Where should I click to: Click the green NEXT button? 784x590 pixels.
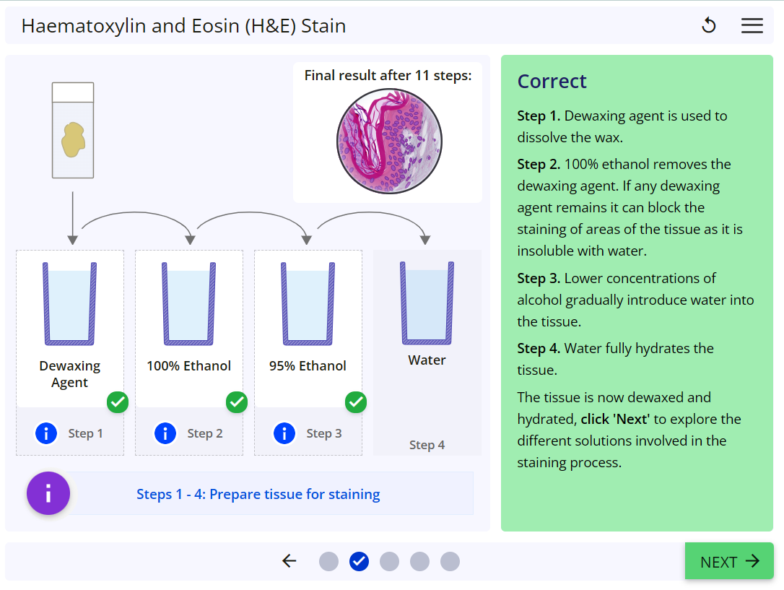[x=729, y=561]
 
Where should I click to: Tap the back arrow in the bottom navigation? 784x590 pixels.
[x=289, y=561]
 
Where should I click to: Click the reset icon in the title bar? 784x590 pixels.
[x=709, y=26]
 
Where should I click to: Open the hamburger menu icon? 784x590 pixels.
[x=752, y=26]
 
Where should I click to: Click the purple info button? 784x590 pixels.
[x=48, y=494]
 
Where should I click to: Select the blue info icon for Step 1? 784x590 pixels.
[x=46, y=433]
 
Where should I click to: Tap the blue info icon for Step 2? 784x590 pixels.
[x=165, y=433]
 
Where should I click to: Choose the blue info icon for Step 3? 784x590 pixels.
[x=284, y=433]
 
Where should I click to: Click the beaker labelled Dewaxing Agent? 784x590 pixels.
[x=70, y=303]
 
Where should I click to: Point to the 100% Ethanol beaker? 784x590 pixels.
[x=189, y=303]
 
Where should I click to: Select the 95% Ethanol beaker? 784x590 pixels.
[x=308, y=303]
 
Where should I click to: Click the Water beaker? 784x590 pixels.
[x=427, y=303]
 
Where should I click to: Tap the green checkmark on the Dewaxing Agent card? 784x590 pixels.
[x=118, y=402]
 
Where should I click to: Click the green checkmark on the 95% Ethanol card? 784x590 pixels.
[x=356, y=402]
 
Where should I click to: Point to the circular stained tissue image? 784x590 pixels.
[x=389, y=142]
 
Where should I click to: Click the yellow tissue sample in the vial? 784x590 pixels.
[x=73, y=139]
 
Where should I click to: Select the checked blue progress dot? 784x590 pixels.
[x=359, y=561]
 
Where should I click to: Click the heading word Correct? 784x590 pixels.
[x=552, y=82]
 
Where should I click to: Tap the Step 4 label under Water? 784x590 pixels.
[x=427, y=445]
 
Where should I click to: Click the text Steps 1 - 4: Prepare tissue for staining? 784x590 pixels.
[x=258, y=495]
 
